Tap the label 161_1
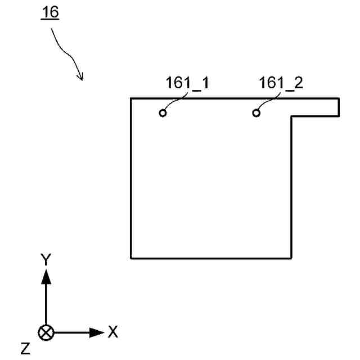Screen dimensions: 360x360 point(187,83)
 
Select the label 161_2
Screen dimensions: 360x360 point(281,83)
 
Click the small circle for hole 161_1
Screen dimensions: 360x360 point(163,113)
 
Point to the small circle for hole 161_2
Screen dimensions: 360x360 point(256,113)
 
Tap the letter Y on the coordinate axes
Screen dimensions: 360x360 point(46,259)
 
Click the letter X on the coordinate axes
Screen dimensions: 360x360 point(112,332)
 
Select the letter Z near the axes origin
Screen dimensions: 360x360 point(25,349)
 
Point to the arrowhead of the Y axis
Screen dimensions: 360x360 point(46,275)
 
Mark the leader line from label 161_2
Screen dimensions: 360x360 point(269,101)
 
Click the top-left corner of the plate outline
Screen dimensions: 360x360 point(131,98)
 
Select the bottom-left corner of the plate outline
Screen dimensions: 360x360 point(131,258)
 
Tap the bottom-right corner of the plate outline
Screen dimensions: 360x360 point(291,258)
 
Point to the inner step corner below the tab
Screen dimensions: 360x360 point(291,116)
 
